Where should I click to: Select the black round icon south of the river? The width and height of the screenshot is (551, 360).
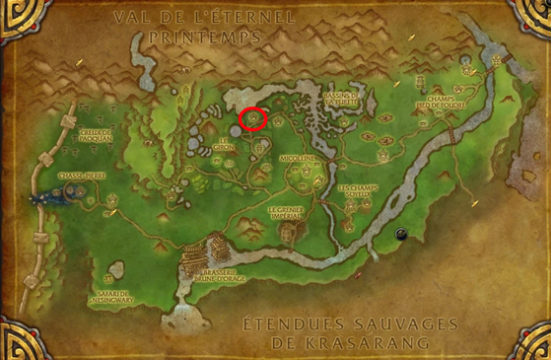tap(401, 234)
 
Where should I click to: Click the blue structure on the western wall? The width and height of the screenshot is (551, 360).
tap(43, 197)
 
